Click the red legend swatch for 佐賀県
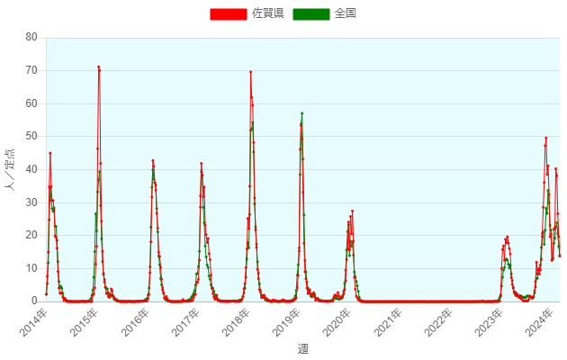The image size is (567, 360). tap(229, 13)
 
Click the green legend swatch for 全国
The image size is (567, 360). tap(311, 13)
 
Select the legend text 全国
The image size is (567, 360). tap(346, 13)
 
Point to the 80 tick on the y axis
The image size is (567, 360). tap(31, 37)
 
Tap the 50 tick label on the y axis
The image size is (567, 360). tap(31, 136)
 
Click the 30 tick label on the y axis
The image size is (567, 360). tap(31, 202)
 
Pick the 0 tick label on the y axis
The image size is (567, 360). tap(34, 301)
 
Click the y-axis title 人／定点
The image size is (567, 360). tap(10, 169)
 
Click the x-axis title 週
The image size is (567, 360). tap(302, 348)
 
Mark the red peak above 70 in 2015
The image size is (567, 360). tap(98, 67)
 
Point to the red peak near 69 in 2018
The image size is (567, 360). tap(250, 72)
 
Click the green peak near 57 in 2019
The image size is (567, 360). tap(301, 113)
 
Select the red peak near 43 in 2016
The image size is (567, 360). tap(152, 160)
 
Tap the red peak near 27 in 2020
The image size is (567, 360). tap(352, 211)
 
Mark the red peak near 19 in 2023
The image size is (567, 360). tap(508, 238)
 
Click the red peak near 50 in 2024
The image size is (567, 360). tap(546, 138)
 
